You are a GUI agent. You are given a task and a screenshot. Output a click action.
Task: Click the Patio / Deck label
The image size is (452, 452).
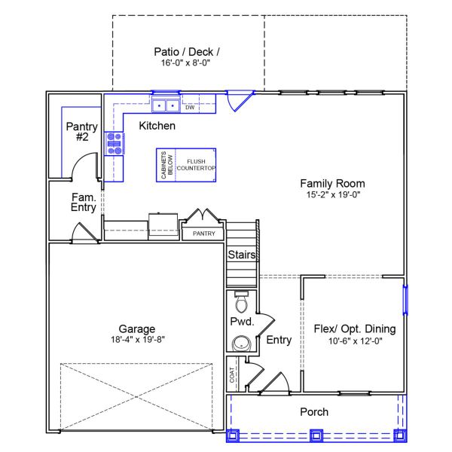[187, 52]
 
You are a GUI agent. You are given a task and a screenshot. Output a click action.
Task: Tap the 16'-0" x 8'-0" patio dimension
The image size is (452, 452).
[187, 63]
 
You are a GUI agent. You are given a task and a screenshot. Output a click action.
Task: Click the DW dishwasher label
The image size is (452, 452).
[191, 107]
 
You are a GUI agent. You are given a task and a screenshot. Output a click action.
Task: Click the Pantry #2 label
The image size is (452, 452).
[81, 132]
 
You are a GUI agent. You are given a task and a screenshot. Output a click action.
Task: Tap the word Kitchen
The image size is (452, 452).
[157, 126]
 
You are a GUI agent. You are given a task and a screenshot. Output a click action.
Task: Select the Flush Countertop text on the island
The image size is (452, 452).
[197, 165]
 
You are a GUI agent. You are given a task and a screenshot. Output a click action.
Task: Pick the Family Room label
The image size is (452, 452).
[332, 183]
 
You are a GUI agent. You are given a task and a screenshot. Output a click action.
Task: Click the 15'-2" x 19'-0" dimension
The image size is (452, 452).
[332, 194]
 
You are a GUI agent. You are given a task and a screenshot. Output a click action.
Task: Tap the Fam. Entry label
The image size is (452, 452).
[84, 202]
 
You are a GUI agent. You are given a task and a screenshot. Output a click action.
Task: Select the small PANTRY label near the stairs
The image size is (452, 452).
[203, 234]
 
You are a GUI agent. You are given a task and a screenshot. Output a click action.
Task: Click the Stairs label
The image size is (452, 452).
[242, 255]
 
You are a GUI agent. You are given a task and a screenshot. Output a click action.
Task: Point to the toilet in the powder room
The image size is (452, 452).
[242, 302]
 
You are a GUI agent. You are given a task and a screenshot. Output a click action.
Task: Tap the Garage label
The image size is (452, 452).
[137, 328]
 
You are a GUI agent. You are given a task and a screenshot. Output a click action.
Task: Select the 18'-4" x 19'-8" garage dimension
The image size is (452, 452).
[137, 339]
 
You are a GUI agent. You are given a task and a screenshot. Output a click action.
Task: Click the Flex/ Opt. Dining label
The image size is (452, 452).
[354, 328]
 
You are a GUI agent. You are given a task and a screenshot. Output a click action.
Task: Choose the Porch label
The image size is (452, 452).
[314, 412]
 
